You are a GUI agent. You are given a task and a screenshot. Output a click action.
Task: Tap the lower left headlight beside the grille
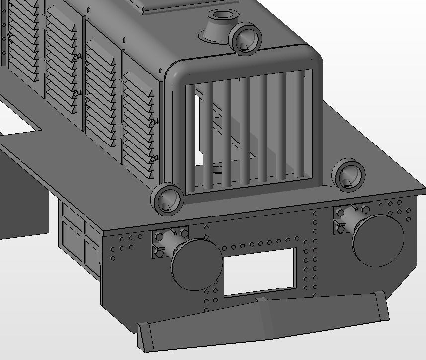168,199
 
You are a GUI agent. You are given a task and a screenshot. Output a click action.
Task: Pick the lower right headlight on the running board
348,175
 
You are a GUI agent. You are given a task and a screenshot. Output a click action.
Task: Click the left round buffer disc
197,264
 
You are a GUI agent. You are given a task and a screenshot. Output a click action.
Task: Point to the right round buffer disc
378,240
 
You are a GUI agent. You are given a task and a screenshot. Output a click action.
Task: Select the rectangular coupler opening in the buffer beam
259,271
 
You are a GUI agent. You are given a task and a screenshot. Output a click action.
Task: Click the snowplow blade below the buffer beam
263,318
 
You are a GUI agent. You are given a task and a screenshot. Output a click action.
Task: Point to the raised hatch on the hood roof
164,6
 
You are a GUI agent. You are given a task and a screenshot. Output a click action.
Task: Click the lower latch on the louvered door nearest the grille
154,158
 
